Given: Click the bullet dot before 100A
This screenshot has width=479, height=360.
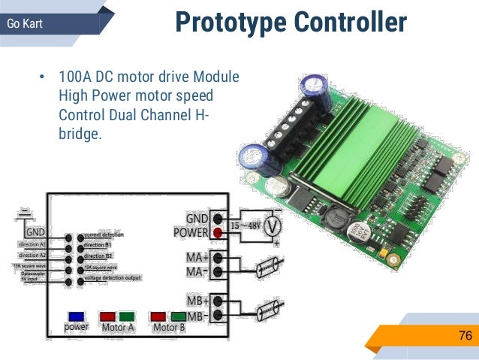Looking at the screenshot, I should [x=42, y=78].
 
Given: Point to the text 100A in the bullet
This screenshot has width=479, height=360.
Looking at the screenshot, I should [x=75, y=78].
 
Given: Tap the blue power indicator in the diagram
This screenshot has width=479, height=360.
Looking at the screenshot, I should [x=76, y=316].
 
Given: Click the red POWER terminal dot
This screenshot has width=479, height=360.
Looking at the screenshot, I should [x=218, y=232].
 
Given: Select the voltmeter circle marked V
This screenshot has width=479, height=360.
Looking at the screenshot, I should [x=275, y=225].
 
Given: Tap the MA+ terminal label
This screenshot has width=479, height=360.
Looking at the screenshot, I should [x=198, y=257].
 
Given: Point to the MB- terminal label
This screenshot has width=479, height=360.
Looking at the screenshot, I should [x=198, y=316].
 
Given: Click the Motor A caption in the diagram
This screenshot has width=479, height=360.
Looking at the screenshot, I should [x=118, y=327].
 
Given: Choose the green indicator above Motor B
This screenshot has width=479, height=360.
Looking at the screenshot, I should [x=178, y=316].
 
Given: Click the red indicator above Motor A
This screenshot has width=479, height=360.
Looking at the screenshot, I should [x=108, y=316].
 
